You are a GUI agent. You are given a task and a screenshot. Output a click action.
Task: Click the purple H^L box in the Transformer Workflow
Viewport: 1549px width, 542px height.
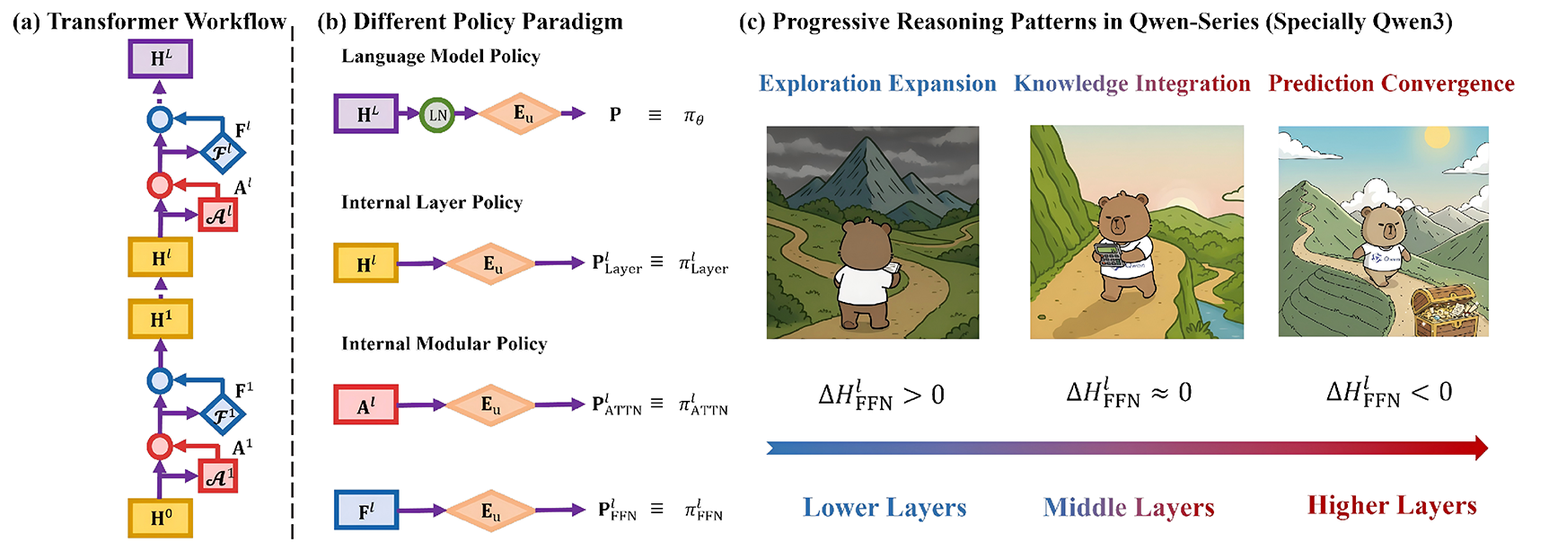(x=160, y=58)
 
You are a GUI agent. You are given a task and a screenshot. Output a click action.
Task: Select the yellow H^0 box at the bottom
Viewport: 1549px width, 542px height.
(x=160, y=518)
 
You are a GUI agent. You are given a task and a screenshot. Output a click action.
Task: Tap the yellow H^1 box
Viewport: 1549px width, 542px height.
(x=160, y=319)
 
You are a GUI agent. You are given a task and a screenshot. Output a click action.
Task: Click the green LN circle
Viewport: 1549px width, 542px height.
(x=437, y=115)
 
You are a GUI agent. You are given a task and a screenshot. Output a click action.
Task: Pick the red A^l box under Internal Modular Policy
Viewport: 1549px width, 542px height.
(x=365, y=405)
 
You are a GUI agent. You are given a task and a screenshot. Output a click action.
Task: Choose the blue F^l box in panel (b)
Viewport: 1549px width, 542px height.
(x=365, y=511)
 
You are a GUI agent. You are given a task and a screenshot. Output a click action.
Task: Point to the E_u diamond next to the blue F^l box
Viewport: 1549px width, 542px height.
(x=489, y=511)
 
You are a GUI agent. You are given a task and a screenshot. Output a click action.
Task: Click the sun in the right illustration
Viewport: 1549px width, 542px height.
(x=1437, y=138)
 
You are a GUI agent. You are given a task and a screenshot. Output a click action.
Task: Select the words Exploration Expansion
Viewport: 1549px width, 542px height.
(x=877, y=84)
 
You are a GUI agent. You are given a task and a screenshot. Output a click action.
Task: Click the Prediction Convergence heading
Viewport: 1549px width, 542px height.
(x=1391, y=84)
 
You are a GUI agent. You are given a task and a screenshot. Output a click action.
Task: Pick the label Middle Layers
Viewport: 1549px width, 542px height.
(x=1129, y=508)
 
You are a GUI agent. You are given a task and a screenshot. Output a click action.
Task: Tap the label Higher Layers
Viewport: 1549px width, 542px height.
(x=1392, y=506)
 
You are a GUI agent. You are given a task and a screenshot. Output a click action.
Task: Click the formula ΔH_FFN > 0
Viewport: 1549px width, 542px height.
(x=881, y=395)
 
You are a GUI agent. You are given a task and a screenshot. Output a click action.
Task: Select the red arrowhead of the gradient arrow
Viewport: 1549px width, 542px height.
(x=1480, y=448)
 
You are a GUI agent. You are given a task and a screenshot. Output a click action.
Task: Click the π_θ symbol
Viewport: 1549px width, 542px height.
(x=693, y=116)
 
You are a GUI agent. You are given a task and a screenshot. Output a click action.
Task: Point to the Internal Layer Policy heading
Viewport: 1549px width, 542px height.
(x=432, y=202)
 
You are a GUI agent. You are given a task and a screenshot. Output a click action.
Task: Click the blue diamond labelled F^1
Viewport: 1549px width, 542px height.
(x=222, y=415)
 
